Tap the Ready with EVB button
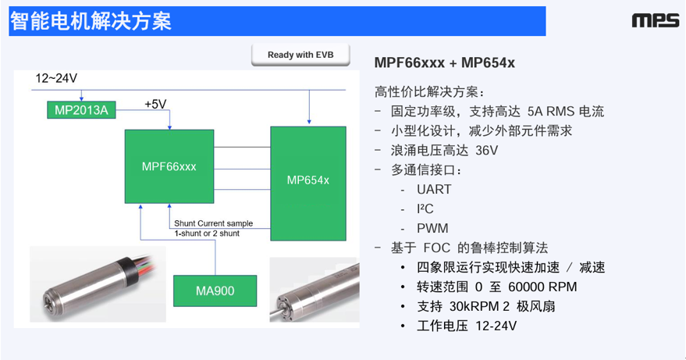tap(301, 55)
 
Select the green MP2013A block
tap(81, 110)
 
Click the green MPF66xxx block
tap(169, 166)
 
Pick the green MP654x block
tap(307, 180)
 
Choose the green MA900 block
tap(215, 291)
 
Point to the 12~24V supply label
tap(57, 79)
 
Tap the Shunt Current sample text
tap(213, 223)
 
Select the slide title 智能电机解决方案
tap(91, 21)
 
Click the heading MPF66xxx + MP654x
tap(445, 62)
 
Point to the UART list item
tap(434, 189)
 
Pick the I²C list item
tap(425, 209)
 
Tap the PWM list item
tap(433, 228)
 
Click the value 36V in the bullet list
tap(483, 150)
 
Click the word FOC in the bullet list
tap(437, 248)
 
